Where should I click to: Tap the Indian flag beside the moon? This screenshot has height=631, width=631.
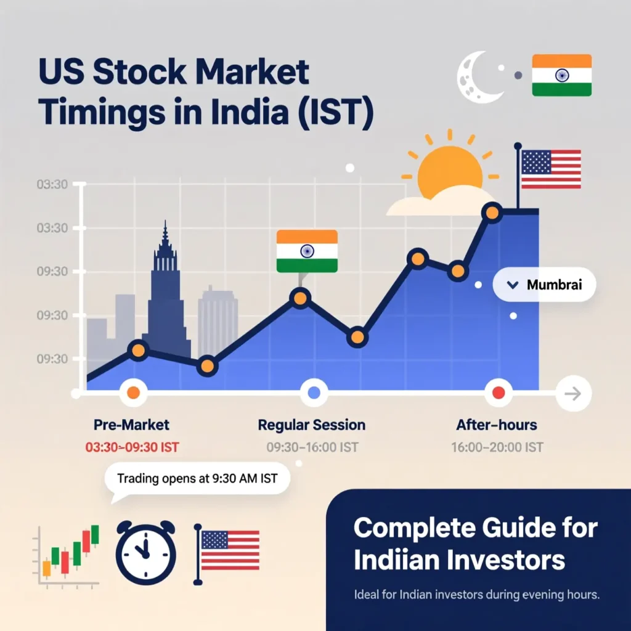coord(562,75)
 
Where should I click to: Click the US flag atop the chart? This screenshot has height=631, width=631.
coord(550,169)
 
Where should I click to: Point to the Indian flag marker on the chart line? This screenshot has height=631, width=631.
coord(307,251)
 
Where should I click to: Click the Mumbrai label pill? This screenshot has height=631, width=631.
coord(545,285)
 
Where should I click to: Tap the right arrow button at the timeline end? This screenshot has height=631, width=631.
coord(574,393)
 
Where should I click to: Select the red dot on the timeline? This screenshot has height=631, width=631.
coord(499,393)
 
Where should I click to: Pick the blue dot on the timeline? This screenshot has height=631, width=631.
coord(314,393)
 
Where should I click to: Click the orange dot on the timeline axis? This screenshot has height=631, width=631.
coord(133,393)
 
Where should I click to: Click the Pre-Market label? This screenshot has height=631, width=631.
coord(131,425)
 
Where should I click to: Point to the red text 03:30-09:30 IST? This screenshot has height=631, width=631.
coord(132,447)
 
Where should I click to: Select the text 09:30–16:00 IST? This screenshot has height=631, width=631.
coord(312,447)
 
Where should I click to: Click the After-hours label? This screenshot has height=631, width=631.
coord(497,425)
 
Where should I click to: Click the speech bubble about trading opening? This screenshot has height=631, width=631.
coord(197,479)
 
